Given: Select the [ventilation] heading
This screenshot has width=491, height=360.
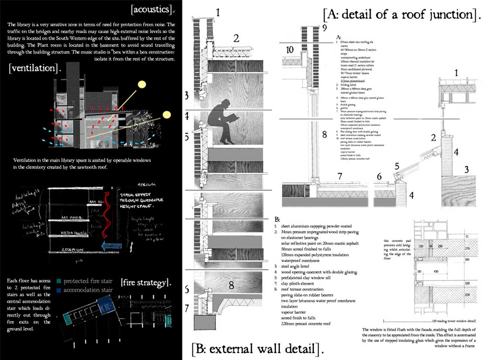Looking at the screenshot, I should [34, 69].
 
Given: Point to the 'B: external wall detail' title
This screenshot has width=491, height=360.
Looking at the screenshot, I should [258, 349].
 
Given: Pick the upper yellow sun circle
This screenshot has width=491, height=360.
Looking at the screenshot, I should [142, 85].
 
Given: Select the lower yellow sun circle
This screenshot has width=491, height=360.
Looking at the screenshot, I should [166, 116].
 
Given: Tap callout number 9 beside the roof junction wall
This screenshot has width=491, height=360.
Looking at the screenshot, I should [324, 30].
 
